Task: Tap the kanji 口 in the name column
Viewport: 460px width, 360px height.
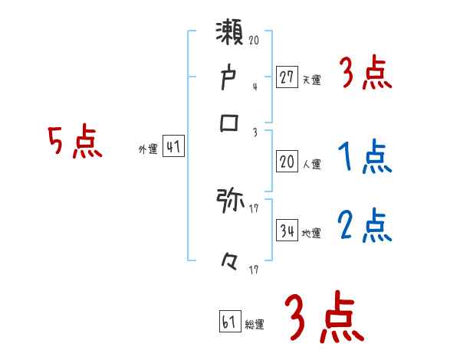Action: coord(231,122)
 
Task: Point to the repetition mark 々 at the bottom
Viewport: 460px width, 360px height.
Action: coord(231,263)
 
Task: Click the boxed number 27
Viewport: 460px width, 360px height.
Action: coord(287,77)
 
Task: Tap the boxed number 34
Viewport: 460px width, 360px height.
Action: coord(287,231)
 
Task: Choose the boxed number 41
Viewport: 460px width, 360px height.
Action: coord(174,148)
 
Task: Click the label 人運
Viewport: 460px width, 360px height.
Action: coord(311,163)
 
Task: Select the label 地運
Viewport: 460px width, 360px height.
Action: coord(311,233)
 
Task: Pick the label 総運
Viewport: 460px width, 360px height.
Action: coord(255,325)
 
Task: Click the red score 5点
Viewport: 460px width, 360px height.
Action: coord(74,142)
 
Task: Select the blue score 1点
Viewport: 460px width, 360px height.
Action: coord(364,158)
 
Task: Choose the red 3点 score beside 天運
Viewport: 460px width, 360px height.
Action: coord(365,74)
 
